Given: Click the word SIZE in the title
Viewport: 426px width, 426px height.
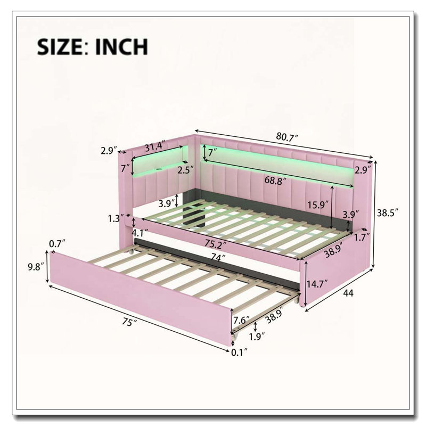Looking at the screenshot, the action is pyautogui.click(x=60, y=47).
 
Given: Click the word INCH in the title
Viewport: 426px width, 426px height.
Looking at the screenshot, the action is pyautogui.click(x=121, y=47).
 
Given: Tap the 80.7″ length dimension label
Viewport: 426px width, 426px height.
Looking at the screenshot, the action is pyautogui.click(x=287, y=137).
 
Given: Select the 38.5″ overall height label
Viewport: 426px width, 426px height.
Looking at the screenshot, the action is pyautogui.click(x=388, y=212).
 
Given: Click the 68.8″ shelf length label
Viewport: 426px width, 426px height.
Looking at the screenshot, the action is pyautogui.click(x=275, y=181).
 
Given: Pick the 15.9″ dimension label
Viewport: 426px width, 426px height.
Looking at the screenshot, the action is pyautogui.click(x=318, y=204).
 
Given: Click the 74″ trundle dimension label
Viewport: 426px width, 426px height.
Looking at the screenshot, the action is pyautogui.click(x=216, y=258).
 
